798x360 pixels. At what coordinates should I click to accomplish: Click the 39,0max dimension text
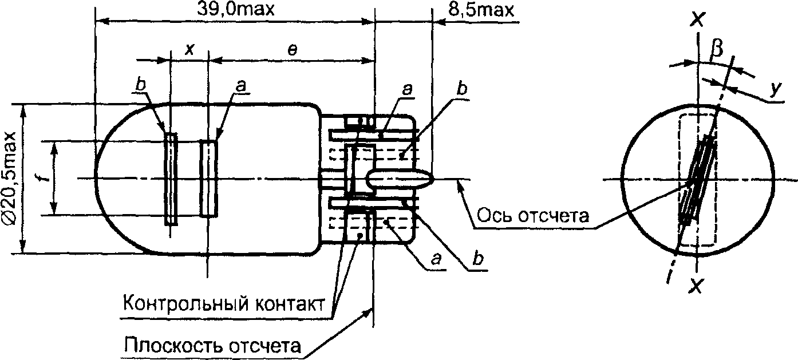[236, 10]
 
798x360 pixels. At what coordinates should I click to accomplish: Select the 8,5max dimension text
[481, 10]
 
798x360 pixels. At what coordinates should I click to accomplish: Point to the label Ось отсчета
[533, 216]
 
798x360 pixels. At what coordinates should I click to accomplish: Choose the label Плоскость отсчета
[212, 345]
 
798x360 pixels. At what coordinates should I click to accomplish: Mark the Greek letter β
[716, 49]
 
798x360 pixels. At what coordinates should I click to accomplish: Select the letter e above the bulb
[292, 50]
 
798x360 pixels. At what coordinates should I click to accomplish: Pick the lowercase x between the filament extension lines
[189, 49]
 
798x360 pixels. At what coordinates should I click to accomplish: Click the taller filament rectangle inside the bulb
[171, 179]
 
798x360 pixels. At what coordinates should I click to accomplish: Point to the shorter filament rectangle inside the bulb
[209, 179]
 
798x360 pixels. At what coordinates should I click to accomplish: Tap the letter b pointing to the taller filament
[141, 84]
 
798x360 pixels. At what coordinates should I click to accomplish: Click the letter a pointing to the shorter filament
[241, 86]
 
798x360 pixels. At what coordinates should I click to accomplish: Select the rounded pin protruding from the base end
[400, 179]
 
